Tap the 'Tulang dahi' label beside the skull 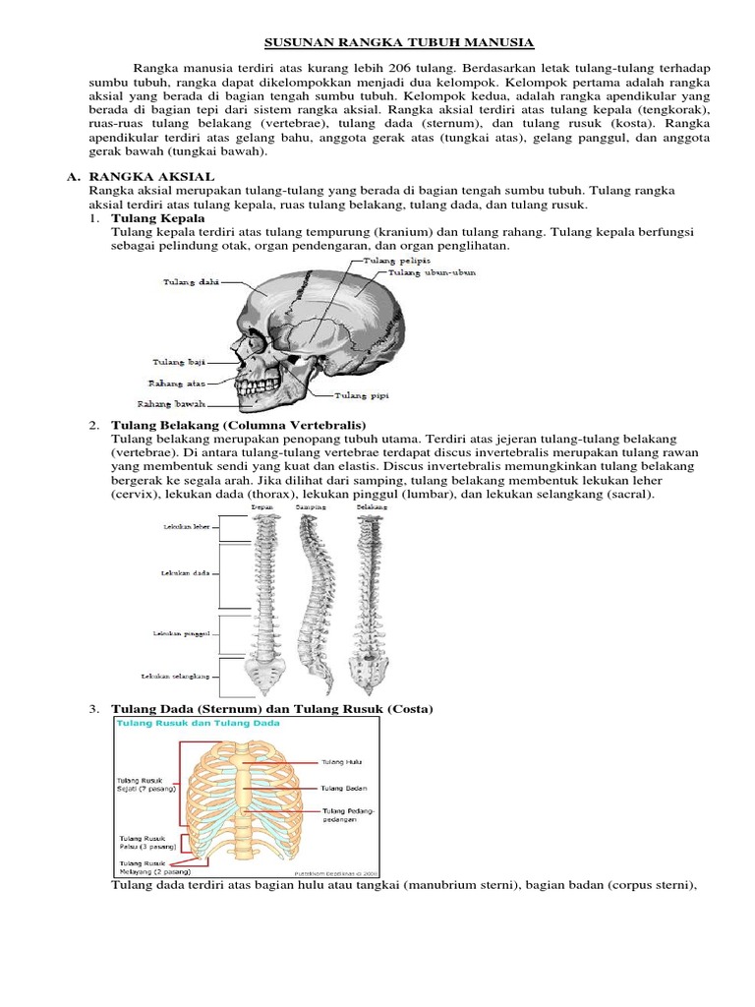click(191, 282)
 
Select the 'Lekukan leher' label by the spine click(186, 528)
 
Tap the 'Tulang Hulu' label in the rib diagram click(340, 761)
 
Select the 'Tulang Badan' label click(342, 788)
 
